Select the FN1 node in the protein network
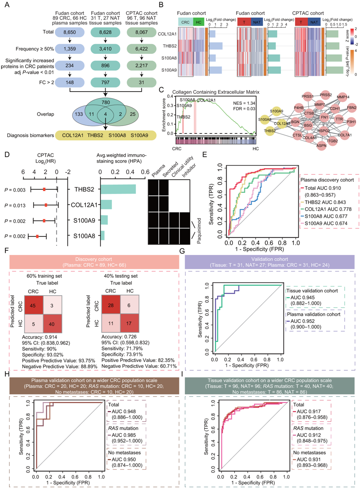tap(325, 118)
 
